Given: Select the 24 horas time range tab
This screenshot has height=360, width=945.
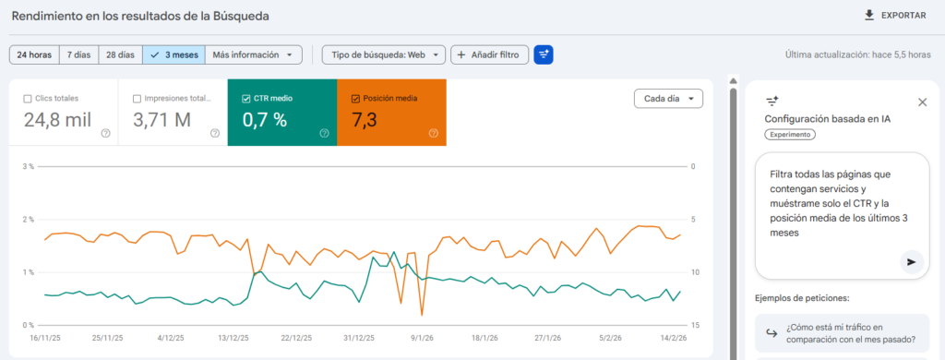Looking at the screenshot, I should point(34,54).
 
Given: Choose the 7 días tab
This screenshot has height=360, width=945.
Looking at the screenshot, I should point(78,54).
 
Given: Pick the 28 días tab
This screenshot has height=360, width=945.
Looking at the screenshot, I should point(120,54).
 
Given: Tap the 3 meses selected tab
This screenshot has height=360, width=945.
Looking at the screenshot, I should point(173,54).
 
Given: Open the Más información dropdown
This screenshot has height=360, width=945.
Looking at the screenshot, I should point(253,54).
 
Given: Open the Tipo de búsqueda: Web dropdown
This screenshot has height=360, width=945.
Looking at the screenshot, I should point(384,54).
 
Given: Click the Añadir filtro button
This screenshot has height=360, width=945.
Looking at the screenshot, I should point(489,54).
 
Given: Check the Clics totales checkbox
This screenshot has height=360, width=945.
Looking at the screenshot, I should point(28,98).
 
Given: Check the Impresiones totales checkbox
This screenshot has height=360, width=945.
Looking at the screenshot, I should point(137,98).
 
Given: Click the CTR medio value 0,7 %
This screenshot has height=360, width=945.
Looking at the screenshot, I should point(264,119).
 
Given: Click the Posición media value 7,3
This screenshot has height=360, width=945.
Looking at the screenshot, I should point(370,119).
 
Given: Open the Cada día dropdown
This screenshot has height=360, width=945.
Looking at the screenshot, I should point(668,98).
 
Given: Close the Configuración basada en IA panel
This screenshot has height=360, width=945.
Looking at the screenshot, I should point(922,102).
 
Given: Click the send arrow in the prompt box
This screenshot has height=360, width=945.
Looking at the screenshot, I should point(911,262).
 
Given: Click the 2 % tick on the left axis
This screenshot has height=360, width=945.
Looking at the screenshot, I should point(29,220).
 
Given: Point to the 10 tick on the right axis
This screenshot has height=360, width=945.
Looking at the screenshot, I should point(696,272).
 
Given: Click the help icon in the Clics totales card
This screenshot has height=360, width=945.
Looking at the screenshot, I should point(105,133).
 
